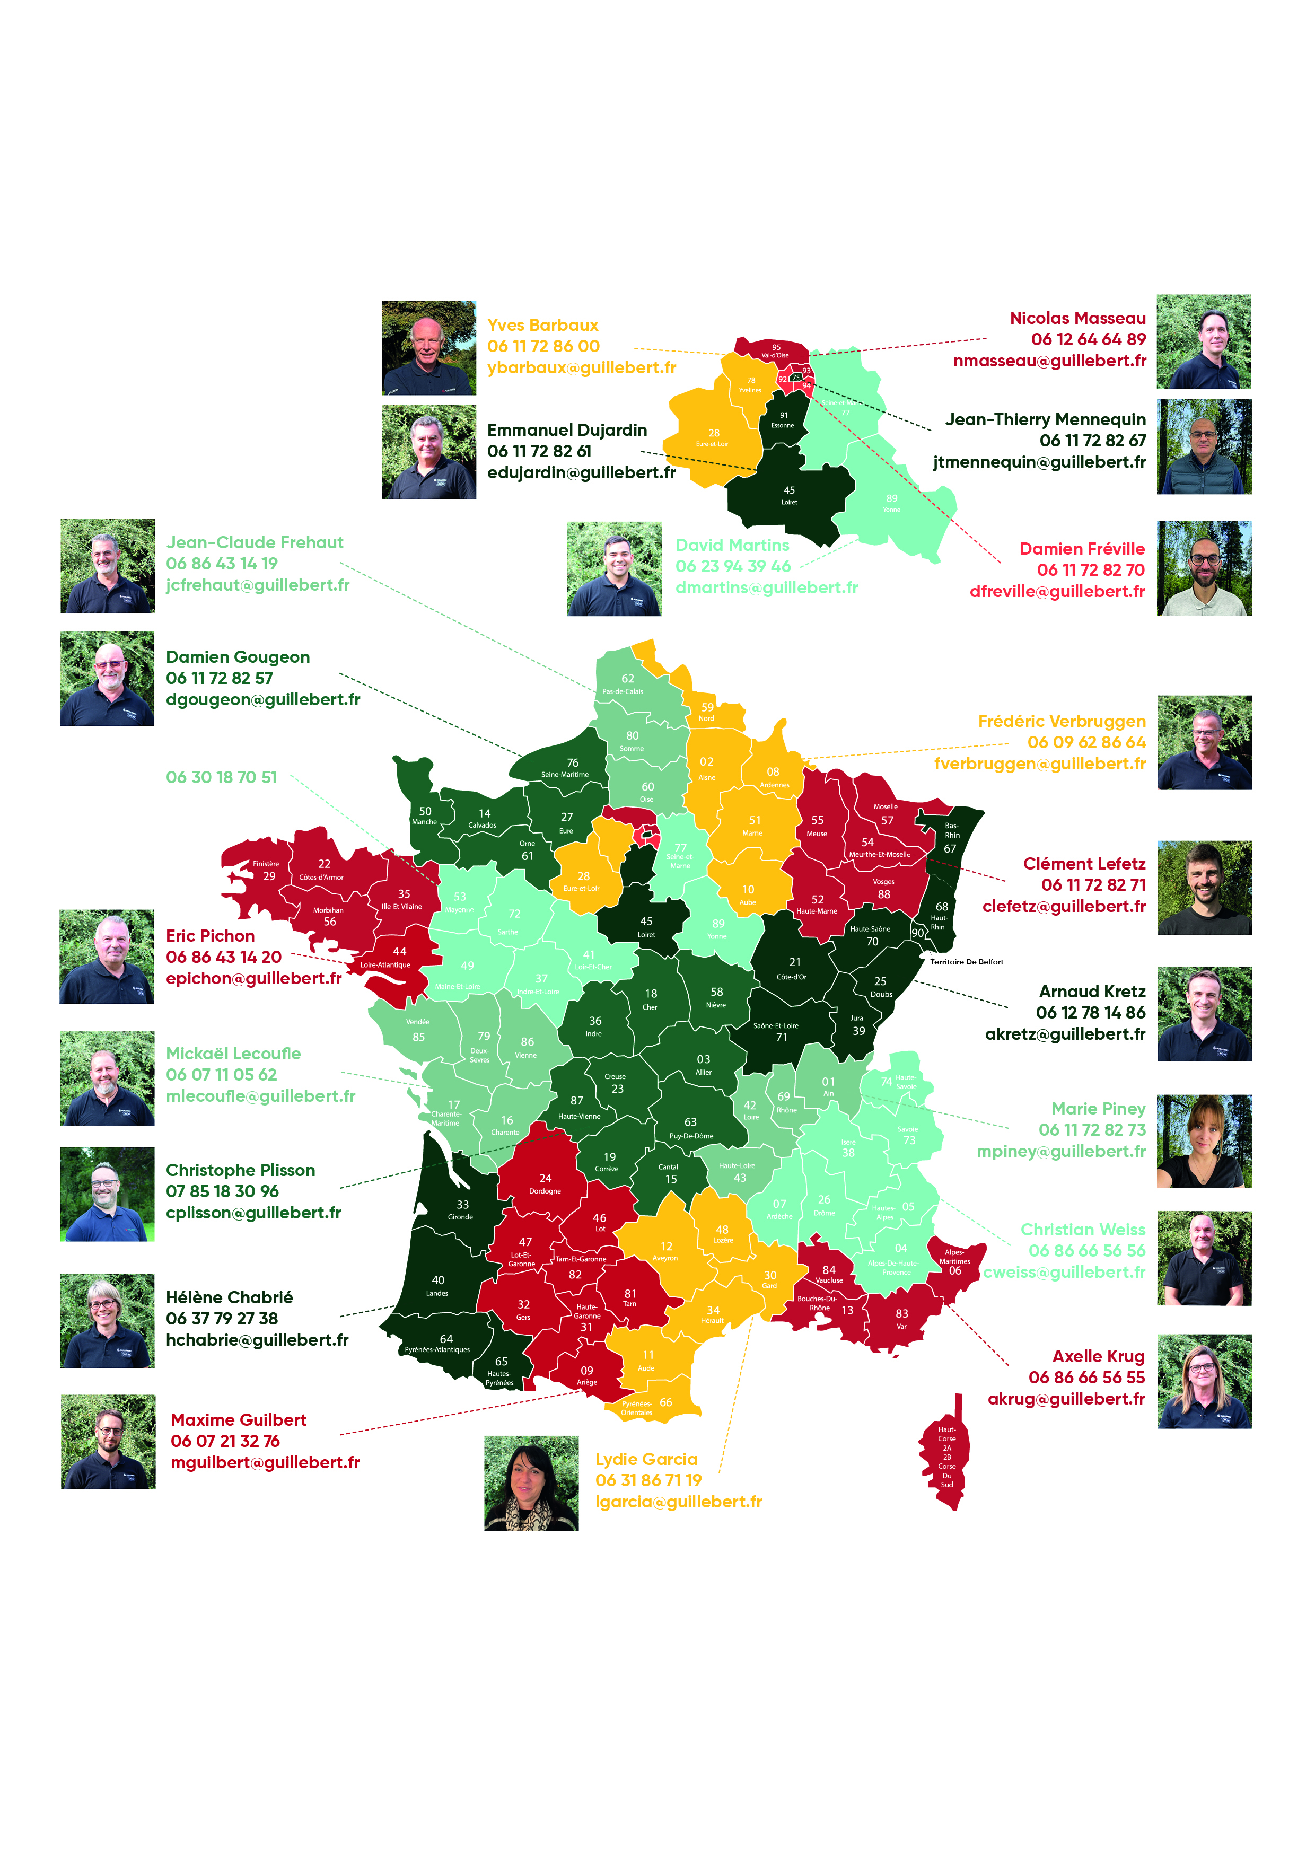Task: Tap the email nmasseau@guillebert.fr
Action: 1049,361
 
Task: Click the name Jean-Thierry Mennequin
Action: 1045,419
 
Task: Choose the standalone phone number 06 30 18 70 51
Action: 221,778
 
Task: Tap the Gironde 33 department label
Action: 461,1209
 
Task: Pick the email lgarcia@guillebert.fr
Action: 678,1502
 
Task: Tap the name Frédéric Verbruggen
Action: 1062,721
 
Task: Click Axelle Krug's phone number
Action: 1086,1377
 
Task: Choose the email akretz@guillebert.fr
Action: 1065,1034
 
